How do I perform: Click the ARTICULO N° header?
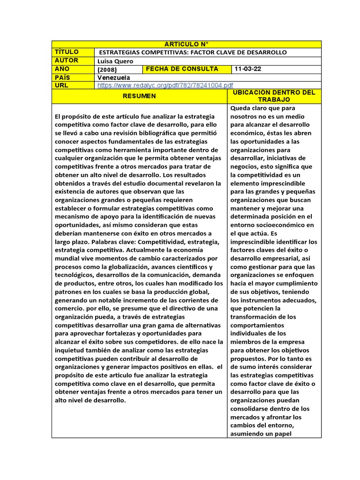point(186,44)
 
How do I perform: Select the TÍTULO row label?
point(67,52)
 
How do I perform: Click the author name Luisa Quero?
point(115,61)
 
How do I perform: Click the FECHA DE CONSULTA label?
point(182,69)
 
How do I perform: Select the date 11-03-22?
point(248,69)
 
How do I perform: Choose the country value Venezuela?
point(113,77)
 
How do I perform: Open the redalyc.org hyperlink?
point(165,85)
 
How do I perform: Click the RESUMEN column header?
point(139,96)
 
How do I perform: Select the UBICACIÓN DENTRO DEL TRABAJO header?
point(274,96)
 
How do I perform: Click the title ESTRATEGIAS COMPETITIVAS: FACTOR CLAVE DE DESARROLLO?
point(193,52)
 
